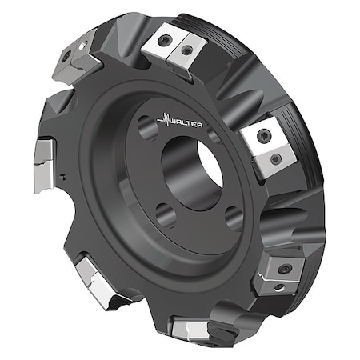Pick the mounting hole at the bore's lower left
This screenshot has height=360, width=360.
[x=164, y=214]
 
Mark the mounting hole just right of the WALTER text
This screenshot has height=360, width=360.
[x=215, y=137]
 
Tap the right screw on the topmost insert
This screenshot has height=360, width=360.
[x=186, y=50]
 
